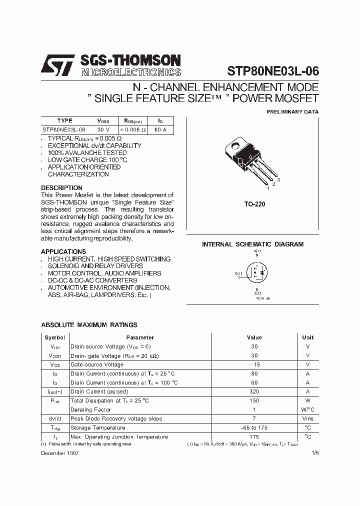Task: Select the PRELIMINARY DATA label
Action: pos(292,112)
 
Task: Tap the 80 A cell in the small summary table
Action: pos(160,129)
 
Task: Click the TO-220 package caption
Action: pos(254,204)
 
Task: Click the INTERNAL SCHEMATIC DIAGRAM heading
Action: pos(252,244)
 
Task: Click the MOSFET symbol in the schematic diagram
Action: pos(257,273)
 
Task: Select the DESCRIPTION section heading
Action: pos(61,188)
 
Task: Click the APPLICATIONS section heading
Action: pos(63,251)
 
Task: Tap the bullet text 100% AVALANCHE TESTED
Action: pos(80,153)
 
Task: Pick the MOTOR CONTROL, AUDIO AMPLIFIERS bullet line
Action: pos(104,273)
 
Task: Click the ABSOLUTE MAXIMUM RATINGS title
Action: pos(81,325)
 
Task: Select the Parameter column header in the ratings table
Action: pos(140,337)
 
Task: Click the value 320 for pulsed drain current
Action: pos(254,391)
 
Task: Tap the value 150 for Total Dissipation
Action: pos(254,400)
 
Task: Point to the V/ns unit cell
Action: pos(307,418)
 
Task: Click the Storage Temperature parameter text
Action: pos(97,427)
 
